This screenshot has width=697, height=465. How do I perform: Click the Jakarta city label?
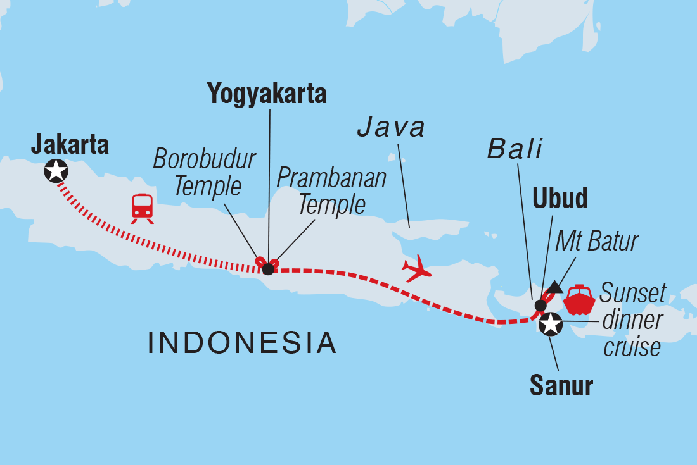coord(70,146)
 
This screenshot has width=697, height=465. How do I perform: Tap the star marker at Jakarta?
coord(56,170)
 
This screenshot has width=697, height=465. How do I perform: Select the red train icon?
coord(143,208)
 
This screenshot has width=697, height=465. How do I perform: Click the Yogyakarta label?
coord(267,94)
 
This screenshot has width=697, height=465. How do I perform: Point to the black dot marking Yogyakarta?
coord(268,269)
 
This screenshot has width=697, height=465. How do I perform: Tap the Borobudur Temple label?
coord(204,173)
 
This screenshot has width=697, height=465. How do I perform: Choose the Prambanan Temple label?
coord(331,191)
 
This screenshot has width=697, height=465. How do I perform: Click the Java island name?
coord(390,127)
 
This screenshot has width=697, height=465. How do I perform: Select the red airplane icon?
coord(417,269)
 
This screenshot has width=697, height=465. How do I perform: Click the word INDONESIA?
coord(242,342)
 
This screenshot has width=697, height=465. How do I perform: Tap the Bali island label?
coord(515,149)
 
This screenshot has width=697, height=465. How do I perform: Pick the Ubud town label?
coord(560,198)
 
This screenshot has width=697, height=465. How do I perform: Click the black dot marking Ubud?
coord(540,306)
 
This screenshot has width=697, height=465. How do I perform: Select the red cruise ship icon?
coord(579,300)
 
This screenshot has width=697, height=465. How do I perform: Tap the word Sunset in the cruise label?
coord(633,294)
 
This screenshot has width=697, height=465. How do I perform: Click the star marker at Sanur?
coord(550,324)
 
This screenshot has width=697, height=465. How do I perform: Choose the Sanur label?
coord(561,385)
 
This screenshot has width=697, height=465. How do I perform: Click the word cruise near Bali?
coord(632,347)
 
